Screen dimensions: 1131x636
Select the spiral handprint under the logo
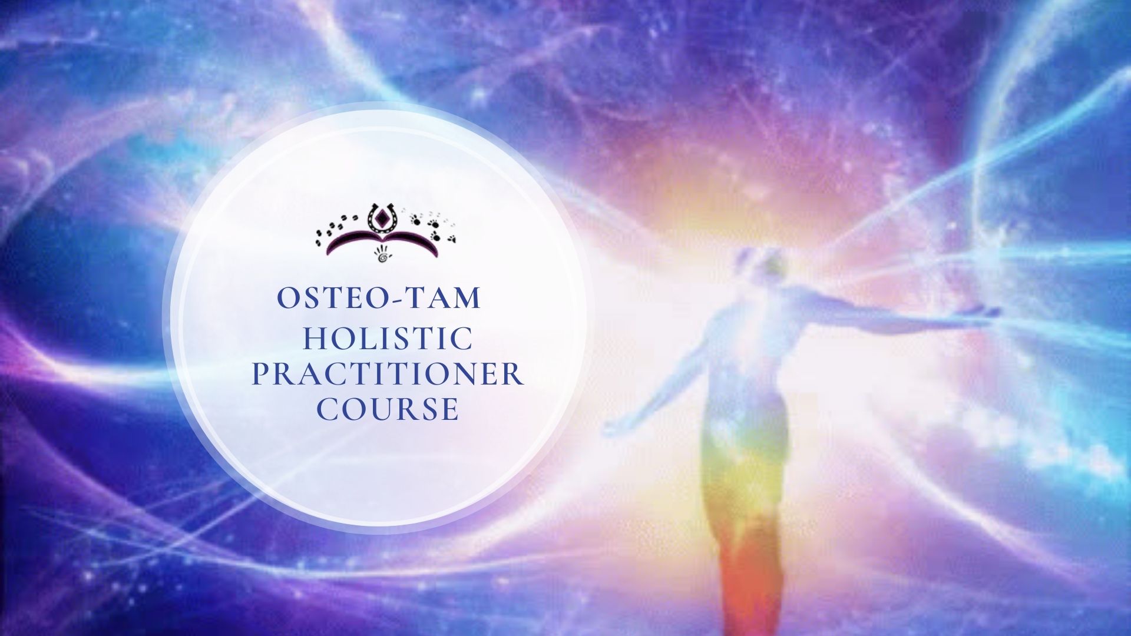383,255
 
